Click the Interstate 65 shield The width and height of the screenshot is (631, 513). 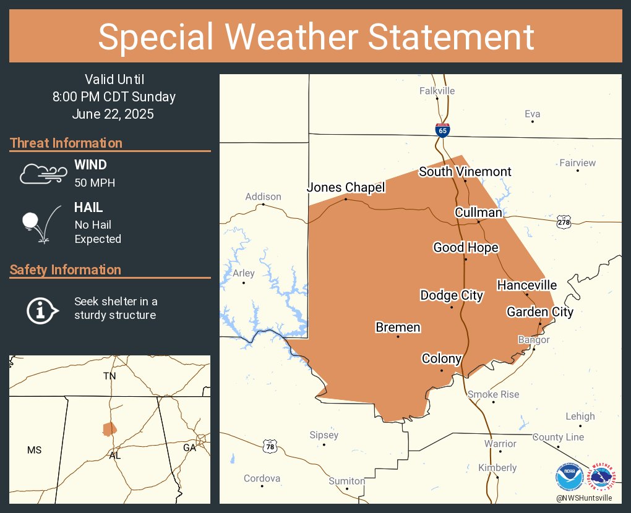[442, 129]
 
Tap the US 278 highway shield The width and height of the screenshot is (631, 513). [563, 222]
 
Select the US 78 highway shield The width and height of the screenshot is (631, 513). [270, 445]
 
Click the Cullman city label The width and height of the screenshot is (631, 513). [478, 213]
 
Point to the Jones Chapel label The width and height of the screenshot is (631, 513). [346, 187]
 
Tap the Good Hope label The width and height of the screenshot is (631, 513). [466, 248]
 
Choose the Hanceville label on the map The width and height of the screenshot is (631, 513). [527, 285]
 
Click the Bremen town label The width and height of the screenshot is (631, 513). [398, 328]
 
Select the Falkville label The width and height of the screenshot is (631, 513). [437, 91]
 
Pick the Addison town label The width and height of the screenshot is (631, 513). [263, 197]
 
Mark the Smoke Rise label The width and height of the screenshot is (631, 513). [493, 394]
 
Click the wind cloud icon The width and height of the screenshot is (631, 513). [42, 174]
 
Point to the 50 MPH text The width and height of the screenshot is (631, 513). [95, 183]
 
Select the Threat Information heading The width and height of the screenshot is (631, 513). [66, 143]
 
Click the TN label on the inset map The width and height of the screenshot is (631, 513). [109, 376]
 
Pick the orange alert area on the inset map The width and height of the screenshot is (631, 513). [109, 428]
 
